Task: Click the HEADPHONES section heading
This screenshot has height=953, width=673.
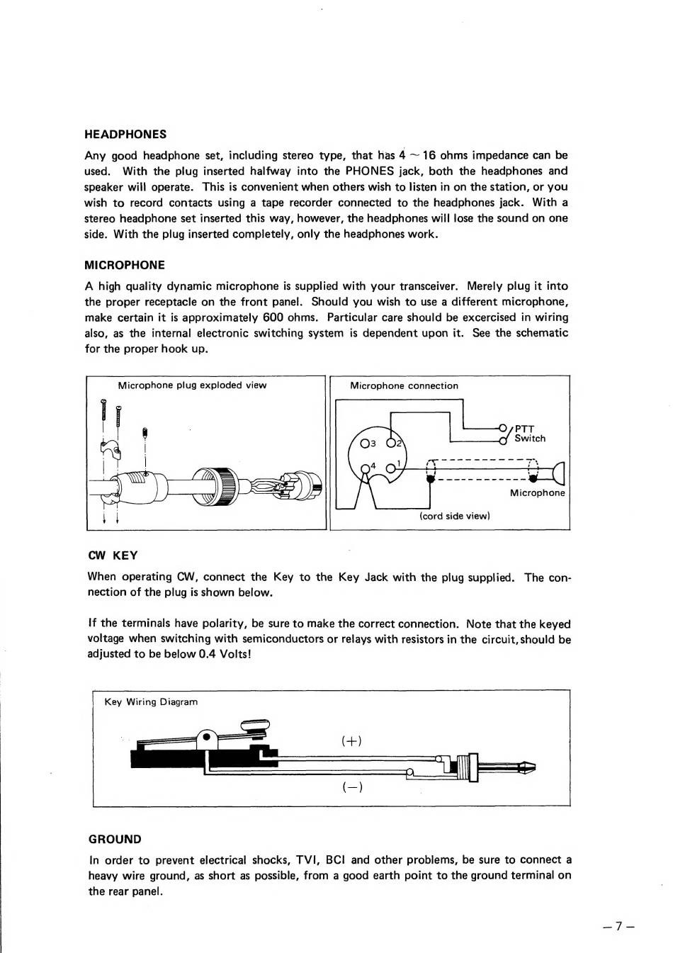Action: [x=125, y=135]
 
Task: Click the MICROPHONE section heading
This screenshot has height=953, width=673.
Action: [x=125, y=266]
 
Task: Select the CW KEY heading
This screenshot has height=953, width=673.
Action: [x=113, y=556]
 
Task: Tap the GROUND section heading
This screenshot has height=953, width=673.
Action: [x=115, y=840]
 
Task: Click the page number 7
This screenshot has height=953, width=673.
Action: [x=618, y=926]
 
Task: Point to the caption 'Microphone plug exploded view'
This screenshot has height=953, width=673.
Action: [x=192, y=385]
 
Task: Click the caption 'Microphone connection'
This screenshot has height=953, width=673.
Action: [x=404, y=386]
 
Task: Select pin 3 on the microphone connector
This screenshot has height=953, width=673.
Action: [x=365, y=444]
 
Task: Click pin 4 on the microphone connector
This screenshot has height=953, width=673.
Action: [x=366, y=468]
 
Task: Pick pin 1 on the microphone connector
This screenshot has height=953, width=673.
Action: [x=390, y=468]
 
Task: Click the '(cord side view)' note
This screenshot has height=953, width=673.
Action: [x=454, y=516]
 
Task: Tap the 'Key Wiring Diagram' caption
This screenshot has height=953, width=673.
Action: [x=151, y=702]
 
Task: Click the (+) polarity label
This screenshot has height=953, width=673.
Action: [x=351, y=741]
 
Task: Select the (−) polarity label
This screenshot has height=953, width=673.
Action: [x=352, y=786]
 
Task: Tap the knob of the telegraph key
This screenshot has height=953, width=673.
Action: [x=256, y=725]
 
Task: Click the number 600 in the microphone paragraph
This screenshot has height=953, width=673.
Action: [x=273, y=317]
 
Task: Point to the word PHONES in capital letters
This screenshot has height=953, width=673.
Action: [x=369, y=171]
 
